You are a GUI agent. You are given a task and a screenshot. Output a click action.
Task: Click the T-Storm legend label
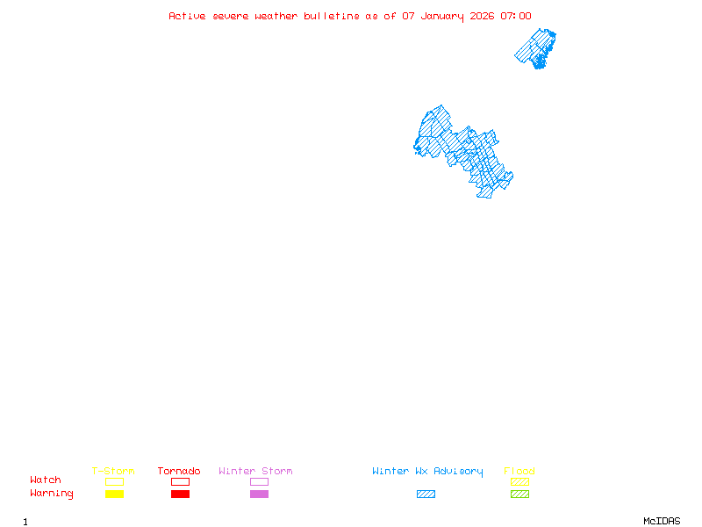coord(113,472)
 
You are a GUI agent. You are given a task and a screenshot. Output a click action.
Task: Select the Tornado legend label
coord(179,472)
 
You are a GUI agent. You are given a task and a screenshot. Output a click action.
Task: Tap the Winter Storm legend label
coord(255,472)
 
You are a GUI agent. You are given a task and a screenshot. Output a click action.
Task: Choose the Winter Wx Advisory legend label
coord(427,472)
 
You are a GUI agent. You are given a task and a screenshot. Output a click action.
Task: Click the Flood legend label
coord(519,472)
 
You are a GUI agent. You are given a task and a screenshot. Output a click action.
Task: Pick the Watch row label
coord(46,480)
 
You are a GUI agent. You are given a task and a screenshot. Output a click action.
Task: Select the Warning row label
coord(52,494)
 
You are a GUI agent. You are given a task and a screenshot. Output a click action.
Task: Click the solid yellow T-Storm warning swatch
coord(114,495)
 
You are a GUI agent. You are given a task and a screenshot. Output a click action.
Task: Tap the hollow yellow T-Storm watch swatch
coord(114,481)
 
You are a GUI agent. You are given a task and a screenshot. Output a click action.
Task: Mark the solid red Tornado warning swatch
coord(180,495)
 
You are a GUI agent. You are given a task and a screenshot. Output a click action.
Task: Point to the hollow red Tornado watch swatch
coord(180,481)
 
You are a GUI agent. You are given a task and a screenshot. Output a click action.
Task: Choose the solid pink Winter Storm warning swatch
coord(259,495)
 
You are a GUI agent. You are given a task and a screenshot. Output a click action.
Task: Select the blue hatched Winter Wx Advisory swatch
coord(426,495)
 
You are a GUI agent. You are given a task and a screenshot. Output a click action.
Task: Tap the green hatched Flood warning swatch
coord(519,495)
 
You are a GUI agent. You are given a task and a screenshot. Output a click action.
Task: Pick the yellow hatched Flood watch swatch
coord(519,481)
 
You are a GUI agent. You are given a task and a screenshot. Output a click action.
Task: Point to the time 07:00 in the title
coord(516,16)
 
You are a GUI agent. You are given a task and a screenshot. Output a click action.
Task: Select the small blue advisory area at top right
coord(536,48)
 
